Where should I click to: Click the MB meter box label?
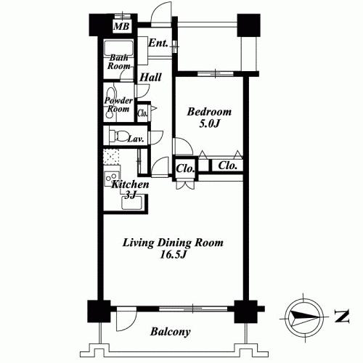click(x=121, y=26)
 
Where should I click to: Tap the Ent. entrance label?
click(x=158, y=43)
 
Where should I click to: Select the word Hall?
click(x=150, y=78)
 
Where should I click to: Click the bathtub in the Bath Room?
click(x=118, y=48)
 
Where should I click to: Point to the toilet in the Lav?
click(x=118, y=136)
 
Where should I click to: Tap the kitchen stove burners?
click(x=112, y=179)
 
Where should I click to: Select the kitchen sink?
click(x=132, y=203)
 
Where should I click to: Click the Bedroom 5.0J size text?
click(x=210, y=124)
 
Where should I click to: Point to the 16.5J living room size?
click(x=173, y=255)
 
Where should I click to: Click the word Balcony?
click(x=170, y=332)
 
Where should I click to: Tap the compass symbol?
click(x=304, y=317)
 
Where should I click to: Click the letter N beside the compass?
click(x=342, y=316)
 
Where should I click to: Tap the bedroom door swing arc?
click(x=187, y=143)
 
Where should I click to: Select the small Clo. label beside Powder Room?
click(x=142, y=113)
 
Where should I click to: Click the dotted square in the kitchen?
click(x=111, y=157)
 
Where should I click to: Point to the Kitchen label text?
click(x=130, y=184)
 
